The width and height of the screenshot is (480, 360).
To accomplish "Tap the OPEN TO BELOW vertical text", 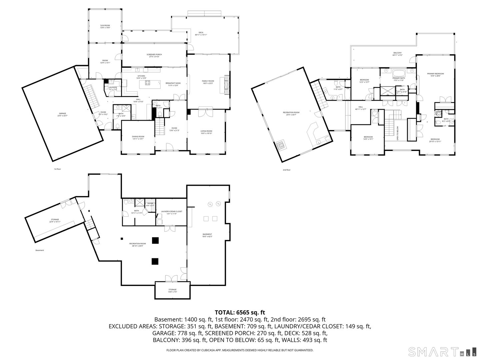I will pyautogui.click(x=398, y=133).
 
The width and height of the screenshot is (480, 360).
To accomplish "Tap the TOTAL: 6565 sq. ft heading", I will pyautogui.click(x=240, y=312).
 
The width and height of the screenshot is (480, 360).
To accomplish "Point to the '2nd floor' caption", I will pyautogui.click(x=286, y=170).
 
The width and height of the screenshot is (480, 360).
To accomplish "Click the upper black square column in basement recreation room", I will pyautogui.click(x=155, y=240).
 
